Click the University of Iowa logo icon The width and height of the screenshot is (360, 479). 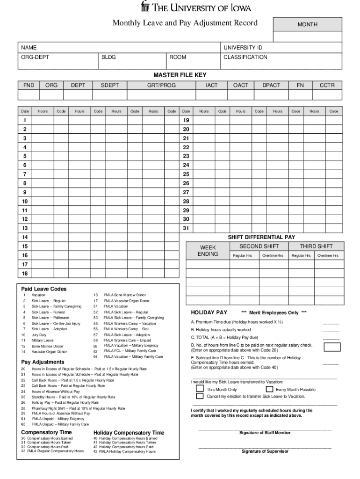pyautogui.click(x=145, y=7)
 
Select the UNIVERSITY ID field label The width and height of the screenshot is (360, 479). pyautogui.click(x=243, y=48)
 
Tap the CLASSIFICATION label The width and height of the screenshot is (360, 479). pyautogui.click(x=245, y=57)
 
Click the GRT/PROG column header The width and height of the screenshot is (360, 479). pyautogui.click(x=161, y=85)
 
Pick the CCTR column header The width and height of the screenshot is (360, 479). pyautogui.click(x=327, y=85)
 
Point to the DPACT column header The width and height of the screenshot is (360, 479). pyautogui.click(x=271, y=85)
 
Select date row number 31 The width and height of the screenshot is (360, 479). pyautogui.click(x=186, y=228)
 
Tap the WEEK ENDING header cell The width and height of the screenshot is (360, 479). pyautogui.click(x=208, y=251)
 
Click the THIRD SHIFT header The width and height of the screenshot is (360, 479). pyautogui.click(x=317, y=247)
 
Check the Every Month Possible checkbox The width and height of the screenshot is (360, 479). pyautogui.click(x=269, y=389)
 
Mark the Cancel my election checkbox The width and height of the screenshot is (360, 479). pyautogui.click(x=200, y=396)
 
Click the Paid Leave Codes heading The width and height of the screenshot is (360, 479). pyautogui.click(x=44, y=289)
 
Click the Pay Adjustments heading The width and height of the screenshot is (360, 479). pyautogui.click(x=43, y=362)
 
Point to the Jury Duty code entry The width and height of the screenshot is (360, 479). pyautogui.click(x=39, y=335)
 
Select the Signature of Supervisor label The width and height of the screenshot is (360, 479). pyautogui.click(x=265, y=451)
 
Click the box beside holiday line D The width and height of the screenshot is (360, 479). pyautogui.click(x=332, y=347)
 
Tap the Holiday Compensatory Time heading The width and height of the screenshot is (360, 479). pyautogui.click(x=129, y=433)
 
